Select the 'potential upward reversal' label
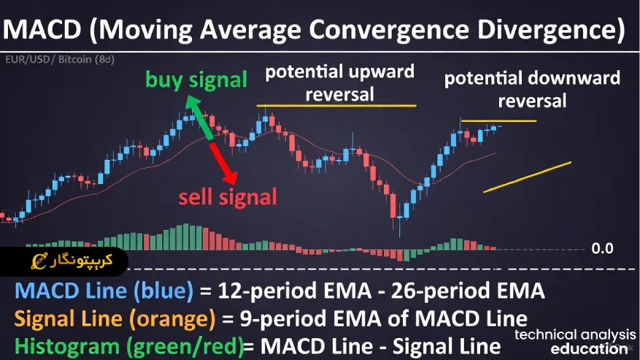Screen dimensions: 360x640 click(339, 83)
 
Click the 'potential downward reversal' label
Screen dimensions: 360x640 click(532, 88)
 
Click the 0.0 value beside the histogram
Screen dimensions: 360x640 click(602, 248)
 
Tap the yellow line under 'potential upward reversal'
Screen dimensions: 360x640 click(336, 106)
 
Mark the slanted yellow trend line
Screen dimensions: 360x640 click(527, 177)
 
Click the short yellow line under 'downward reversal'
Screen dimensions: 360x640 click(498, 120)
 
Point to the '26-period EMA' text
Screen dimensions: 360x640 click(468, 291)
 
